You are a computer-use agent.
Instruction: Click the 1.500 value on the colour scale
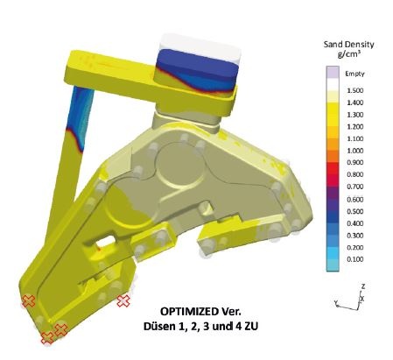coord(355,90)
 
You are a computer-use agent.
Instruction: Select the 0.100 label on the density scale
coord(355,259)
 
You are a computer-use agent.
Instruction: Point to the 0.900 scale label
coord(355,162)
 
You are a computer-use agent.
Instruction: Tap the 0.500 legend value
coord(355,211)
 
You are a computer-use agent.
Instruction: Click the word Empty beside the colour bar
coord(354,74)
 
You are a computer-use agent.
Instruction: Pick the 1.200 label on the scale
coord(355,126)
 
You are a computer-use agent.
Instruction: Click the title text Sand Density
coord(348,45)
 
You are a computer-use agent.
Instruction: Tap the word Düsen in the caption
coord(158,326)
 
